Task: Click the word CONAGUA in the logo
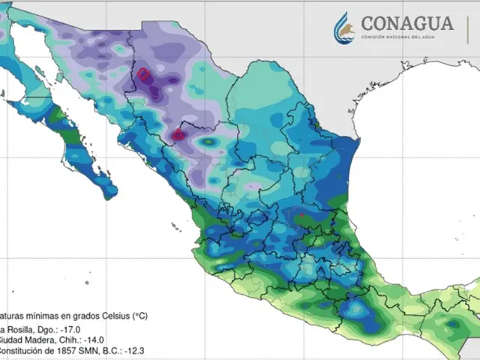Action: [x=407, y=22]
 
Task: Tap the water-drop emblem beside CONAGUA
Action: [x=345, y=28]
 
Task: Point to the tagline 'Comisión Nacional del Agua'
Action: [x=407, y=37]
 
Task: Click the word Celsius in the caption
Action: [x=109, y=316]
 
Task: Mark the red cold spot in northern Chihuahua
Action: [x=142, y=75]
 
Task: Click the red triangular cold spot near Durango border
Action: [x=178, y=135]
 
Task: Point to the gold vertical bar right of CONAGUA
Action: [x=468, y=28]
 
